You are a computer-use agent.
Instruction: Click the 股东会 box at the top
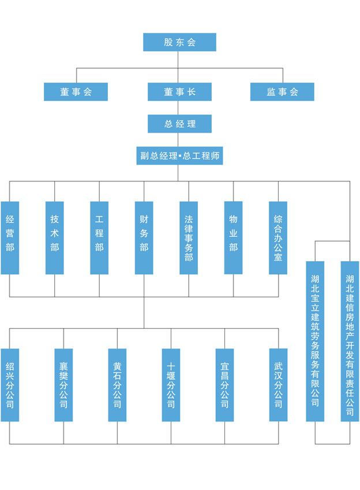coord(179,42)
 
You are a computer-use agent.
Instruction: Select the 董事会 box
coord(76,92)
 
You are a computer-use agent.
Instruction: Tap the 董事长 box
coord(179,92)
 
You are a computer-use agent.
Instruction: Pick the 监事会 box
coord(282,92)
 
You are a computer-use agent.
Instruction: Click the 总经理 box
coord(179,123)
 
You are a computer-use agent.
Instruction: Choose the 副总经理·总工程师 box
coord(179,156)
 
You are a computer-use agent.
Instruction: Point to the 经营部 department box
coord(10,238)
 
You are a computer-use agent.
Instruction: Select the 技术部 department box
coord(55,238)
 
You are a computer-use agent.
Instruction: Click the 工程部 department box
coord(99,238)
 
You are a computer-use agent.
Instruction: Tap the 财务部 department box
coord(144,238)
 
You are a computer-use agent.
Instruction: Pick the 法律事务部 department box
coord(189,238)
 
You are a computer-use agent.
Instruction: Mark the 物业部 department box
coord(234,238)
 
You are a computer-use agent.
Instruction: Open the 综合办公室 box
coord(278,238)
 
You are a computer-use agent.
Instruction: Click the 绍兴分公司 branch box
coord(10,385)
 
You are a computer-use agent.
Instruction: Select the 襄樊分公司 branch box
coord(63,385)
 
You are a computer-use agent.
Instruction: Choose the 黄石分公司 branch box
coord(117,385)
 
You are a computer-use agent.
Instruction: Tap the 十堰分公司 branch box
coord(171,385)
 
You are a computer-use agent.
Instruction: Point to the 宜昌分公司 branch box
coord(224,385)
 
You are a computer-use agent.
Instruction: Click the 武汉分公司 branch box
coord(278,385)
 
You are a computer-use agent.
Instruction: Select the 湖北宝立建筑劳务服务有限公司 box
coord(315,341)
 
